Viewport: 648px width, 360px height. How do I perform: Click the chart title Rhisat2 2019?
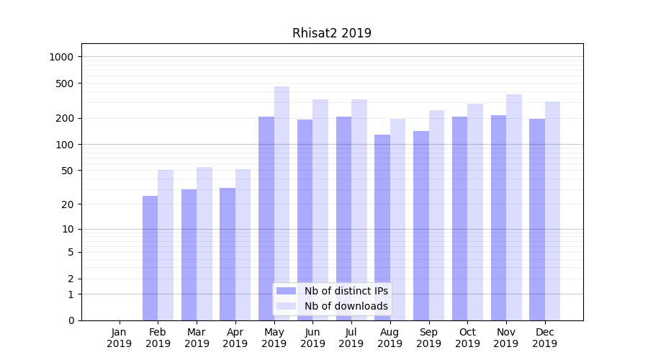(331, 33)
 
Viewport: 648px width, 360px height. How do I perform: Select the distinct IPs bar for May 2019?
(266, 216)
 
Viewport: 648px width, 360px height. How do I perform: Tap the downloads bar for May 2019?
(282, 202)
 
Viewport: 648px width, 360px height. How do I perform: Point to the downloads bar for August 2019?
(397, 216)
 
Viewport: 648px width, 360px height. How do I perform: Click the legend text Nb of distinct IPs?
(346, 291)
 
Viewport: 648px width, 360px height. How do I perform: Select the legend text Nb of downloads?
(346, 306)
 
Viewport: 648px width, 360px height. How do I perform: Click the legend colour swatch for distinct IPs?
(286, 291)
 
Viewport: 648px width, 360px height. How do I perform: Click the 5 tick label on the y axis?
(71, 252)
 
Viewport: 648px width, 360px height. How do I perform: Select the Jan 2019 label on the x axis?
(120, 338)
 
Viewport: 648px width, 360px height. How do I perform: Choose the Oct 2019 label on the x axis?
(467, 338)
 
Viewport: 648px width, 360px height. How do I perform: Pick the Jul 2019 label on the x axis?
(351, 338)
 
